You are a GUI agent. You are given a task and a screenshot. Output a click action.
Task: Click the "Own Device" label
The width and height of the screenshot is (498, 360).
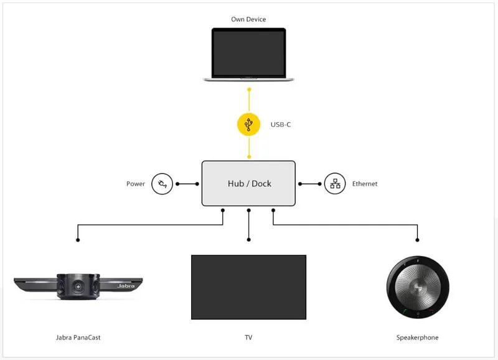point(248,19)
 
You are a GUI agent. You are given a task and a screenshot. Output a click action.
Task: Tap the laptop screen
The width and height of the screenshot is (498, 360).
point(248,52)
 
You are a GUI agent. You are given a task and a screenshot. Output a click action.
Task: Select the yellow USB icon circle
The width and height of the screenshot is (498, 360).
point(248,125)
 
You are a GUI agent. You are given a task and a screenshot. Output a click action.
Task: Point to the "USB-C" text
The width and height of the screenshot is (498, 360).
point(281,125)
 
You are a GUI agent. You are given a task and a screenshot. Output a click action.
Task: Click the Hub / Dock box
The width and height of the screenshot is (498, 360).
point(248,184)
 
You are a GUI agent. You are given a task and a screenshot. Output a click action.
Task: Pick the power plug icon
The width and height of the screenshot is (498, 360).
point(162,184)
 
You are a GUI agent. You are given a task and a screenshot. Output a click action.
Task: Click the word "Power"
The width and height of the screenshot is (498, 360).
point(136,184)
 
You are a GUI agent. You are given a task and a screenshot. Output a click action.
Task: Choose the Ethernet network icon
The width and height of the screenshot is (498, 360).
point(335,184)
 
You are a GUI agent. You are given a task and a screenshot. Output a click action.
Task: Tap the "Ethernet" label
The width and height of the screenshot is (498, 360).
point(365,184)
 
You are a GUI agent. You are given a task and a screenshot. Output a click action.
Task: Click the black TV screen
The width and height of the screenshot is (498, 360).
point(248,287)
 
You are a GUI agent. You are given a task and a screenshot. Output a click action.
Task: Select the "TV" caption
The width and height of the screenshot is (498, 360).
point(248,338)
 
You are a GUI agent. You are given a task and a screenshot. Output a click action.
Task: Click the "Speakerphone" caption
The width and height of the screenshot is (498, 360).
point(417,338)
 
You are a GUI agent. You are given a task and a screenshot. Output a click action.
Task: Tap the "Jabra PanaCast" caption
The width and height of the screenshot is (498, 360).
point(78,338)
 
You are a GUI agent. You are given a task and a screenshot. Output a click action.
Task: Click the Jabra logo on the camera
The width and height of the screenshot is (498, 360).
point(125,285)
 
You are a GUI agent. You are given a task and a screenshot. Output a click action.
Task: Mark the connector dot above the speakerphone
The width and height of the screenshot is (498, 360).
point(417,240)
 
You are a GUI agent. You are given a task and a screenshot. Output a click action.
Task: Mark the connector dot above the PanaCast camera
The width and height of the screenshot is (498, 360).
point(78,240)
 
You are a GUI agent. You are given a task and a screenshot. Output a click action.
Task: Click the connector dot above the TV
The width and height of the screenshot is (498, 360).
point(248,240)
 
